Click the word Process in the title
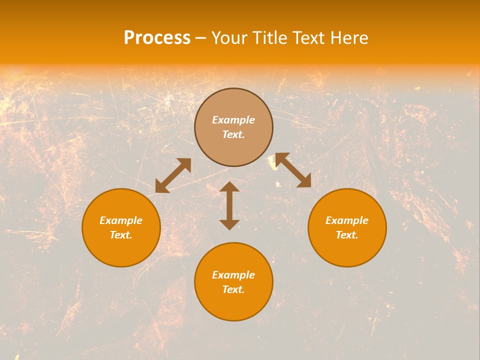pos(157,38)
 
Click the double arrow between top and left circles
pos(173,175)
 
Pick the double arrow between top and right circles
pos(293,170)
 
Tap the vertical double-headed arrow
pos(229,205)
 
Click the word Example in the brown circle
pos(233,120)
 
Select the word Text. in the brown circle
pos(233,134)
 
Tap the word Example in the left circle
pos(121,220)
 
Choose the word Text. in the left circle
pos(121,235)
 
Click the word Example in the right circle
pos(347,220)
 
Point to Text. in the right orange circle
pos(347,235)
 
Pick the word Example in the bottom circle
pos(233,275)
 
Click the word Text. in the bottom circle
pos(233,289)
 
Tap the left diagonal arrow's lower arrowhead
pos(161,187)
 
